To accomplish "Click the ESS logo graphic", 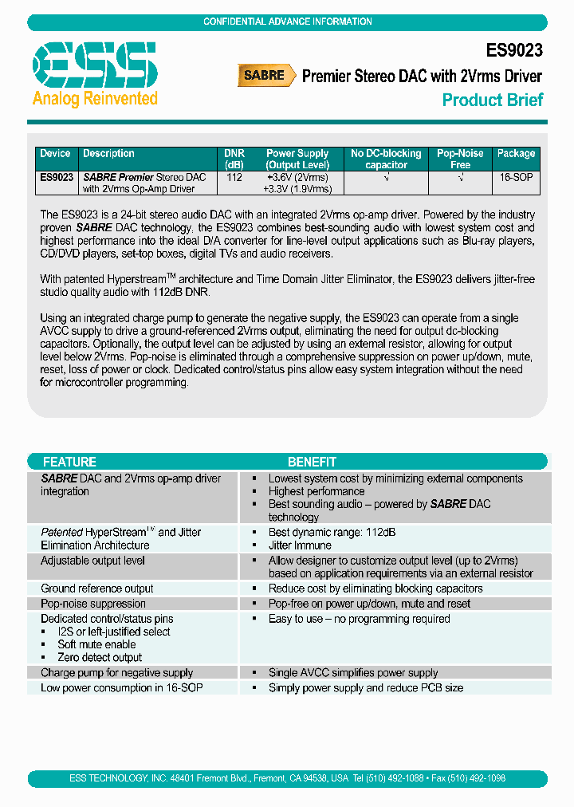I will (x=94, y=65).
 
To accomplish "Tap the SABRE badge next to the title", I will (x=263, y=76).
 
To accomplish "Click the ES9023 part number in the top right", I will (x=513, y=50).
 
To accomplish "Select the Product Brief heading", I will (x=492, y=100).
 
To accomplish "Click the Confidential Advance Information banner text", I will (x=287, y=22).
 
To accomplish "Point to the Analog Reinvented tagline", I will (x=95, y=99).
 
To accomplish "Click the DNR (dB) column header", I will (x=234, y=159).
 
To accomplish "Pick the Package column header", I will (x=516, y=154).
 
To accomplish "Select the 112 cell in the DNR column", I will (x=234, y=177).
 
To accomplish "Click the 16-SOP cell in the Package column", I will (x=516, y=177).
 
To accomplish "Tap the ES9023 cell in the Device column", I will (x=57, y=177).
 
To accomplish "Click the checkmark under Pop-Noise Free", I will (x=460, y=177).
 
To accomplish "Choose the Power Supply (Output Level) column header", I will (x=297, y=159).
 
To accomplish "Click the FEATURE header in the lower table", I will (x=69, y=462).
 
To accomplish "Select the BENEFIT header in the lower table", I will (x=312, y=462).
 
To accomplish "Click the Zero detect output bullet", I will (x=100, y=657).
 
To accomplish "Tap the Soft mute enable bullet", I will (x=96, y=644).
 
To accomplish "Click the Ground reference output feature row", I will (x=97, y=589).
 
